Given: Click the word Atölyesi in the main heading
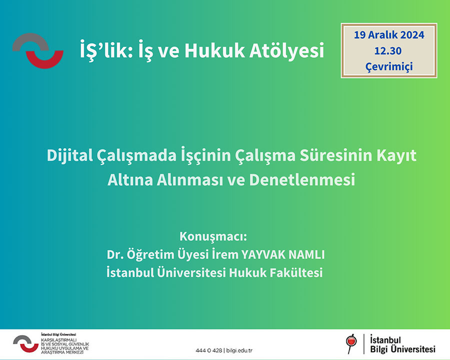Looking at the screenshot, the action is pos(286,50).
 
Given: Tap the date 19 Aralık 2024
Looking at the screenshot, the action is pos(389,35).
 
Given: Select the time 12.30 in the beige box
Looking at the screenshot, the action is pos(388,51).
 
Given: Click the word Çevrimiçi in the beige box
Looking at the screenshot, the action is pos(389,66).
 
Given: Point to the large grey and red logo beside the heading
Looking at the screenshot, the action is pos(38,51).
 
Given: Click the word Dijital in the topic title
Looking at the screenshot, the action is pos(69,155).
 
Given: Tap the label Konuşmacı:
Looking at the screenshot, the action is pos(213,236).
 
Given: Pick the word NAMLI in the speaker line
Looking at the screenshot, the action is pos(306,254).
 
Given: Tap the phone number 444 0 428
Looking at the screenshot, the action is pos(208,350).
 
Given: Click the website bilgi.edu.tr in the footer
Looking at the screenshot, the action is pos(239,350).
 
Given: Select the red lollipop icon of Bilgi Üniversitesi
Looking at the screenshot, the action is pos(351,343).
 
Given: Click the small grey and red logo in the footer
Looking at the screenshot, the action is pos(26,343).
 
